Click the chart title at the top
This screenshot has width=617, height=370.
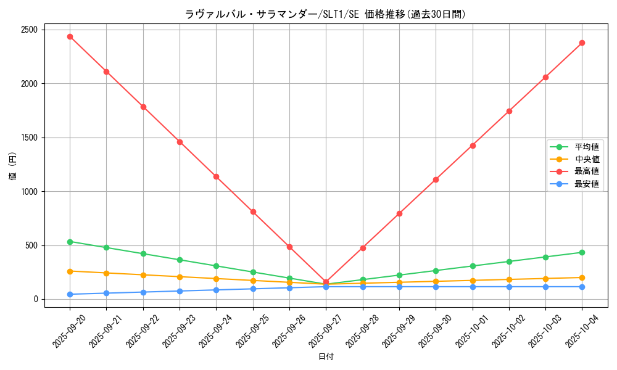[325, 14]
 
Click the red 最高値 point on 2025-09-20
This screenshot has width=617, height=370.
[70, 36]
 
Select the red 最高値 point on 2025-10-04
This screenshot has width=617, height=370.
[582, 43]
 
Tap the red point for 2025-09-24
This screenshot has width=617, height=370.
[216, 176]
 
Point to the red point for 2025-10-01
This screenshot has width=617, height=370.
[473, 146]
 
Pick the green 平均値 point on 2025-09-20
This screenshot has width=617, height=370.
[70, 242]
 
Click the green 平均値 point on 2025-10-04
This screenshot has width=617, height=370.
[582, 252]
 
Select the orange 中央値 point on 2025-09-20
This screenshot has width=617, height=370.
[70, 271]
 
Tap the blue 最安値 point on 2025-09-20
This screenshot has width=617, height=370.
[70, 294]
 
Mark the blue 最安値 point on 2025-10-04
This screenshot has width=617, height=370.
[582, 287]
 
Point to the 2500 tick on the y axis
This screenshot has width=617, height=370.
[29, 30]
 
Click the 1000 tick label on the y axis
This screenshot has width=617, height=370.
[29, 191]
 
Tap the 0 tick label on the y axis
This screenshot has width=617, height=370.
[36, 299]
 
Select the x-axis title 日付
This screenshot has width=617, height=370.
[326, 357]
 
